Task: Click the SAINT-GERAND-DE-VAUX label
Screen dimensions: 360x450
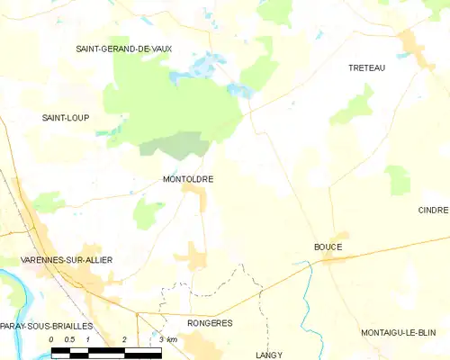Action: coord(123,48)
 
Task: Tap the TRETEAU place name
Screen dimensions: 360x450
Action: coord(367,67)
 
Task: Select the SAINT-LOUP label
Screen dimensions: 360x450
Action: coord(66,118)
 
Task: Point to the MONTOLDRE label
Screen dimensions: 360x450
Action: coord(187,179)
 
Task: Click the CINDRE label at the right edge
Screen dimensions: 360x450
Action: coord(433,210)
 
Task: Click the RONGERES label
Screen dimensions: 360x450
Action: coord(210,322)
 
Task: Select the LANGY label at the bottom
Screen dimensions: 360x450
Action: coord(268,355)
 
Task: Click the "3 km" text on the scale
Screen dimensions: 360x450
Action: coord(167,339)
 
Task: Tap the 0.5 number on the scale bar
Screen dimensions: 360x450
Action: coord(68,339)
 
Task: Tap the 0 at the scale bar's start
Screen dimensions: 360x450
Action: coord(52,339)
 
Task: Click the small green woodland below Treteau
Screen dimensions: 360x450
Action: coord(353,110)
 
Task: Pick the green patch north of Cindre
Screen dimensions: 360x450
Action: coord(397,179)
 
